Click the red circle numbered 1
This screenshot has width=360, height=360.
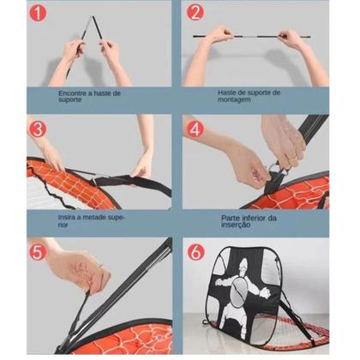(38, 13)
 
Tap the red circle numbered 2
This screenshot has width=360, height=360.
(195, 12)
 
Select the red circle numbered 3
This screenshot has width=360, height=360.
(38, 129)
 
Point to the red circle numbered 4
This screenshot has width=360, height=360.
(195, 129)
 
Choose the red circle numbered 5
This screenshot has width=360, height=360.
(38, 252)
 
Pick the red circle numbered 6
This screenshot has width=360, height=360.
(196, 252)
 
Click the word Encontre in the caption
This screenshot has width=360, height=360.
(71, 93)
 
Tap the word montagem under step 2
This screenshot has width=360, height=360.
(234, 99)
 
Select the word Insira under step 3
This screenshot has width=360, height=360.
(67, 217)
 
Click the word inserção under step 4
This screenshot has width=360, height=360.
(236, 225)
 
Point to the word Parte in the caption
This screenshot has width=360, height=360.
(230, 219)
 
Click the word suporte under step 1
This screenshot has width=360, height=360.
(70, 100)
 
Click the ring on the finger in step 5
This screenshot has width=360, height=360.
(99, 266)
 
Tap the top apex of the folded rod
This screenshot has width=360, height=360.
(91, 17)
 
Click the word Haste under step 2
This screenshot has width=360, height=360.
(225, 93)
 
